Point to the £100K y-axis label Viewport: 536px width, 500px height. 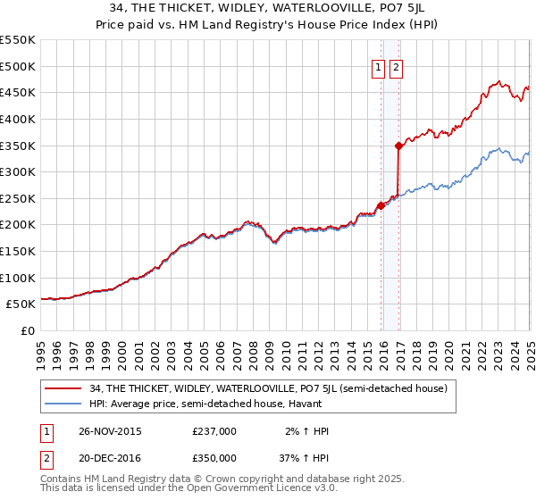pyautogui.click(x=20, y=278)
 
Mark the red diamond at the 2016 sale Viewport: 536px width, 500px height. pyautogui.click(x=398, y=145)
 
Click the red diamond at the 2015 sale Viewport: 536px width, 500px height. pyautogui.click(x=381, y=205)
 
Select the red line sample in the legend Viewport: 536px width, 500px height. pyautogui.click(x=64, y=388)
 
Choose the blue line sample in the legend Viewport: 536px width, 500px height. pyautogui.click(x=64, y=404)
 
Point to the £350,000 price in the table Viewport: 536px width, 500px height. pyautogui.click(x=214, y=456)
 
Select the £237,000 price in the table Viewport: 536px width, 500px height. pyautogui.click(x=214, y=430)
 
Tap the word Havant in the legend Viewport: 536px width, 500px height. pyautogui.click(x=303, y=404)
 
